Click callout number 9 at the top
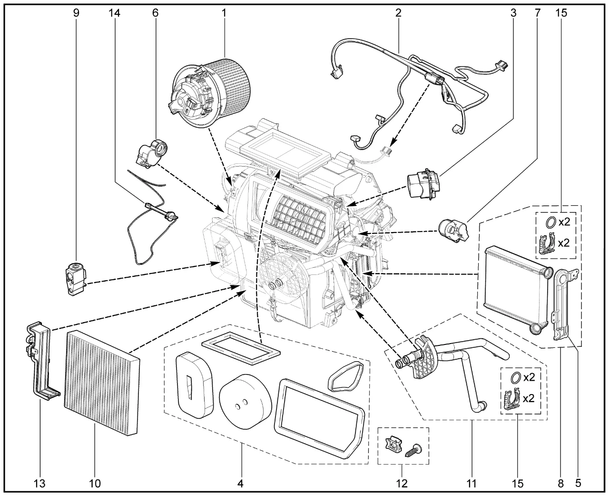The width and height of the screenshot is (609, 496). tap(76, 13)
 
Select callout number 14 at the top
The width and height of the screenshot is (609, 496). tap(114, 13)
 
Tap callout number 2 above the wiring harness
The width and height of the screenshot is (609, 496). tap(398, 13)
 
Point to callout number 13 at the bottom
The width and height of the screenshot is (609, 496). tap(39, 484)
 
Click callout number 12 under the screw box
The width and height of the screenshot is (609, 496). tap(402, 484)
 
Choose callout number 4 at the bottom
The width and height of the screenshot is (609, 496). tap(240, 484)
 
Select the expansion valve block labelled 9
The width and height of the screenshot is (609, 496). tap(76, 279)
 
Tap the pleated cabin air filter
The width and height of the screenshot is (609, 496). tap(102, 383)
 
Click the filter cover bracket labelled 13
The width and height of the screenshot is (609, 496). tap(41, 362)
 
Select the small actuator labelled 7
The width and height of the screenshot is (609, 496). tap(453, 231)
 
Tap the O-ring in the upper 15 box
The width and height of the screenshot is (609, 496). tap(550, 222)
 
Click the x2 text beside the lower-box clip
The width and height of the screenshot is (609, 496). tap(529, 398)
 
